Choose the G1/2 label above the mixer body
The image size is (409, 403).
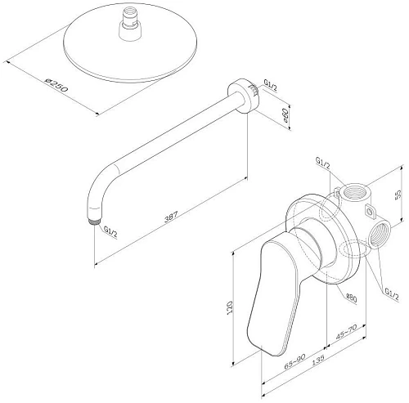point(320,162)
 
